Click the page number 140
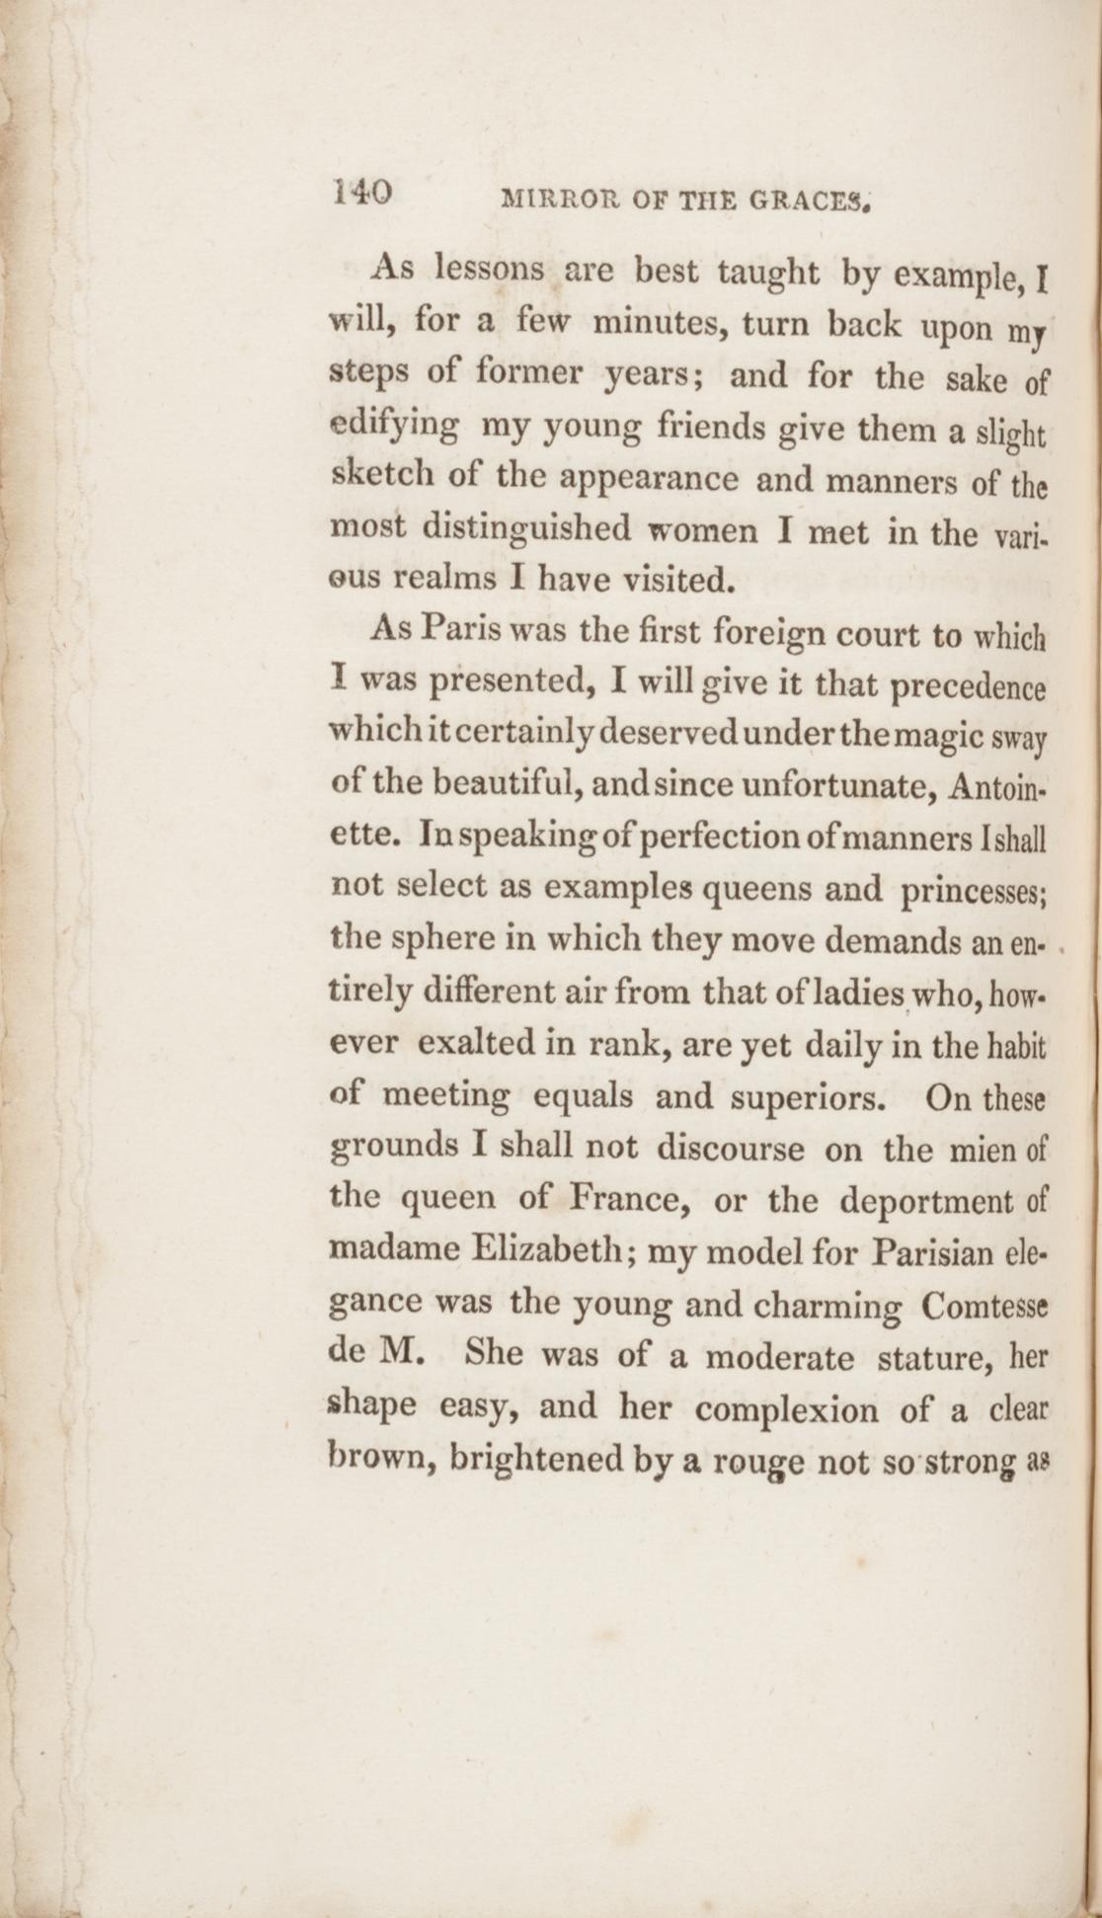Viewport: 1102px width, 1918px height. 363,192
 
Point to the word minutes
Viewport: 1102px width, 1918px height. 659,323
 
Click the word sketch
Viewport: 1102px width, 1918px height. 379,477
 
